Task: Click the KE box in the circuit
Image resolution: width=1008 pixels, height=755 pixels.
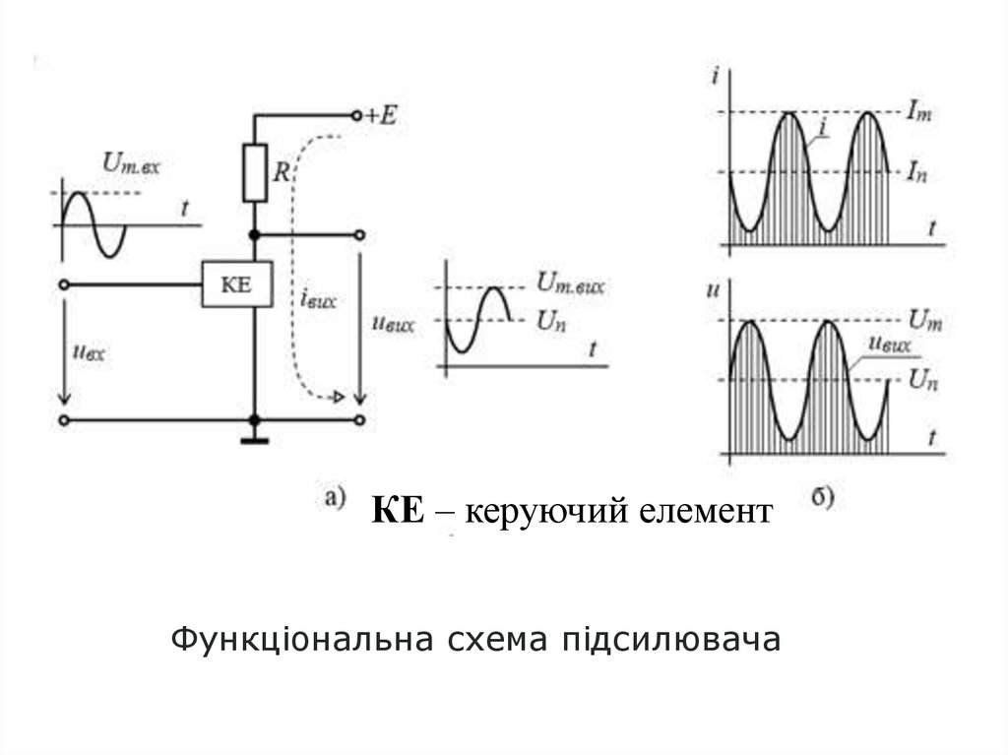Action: [x=236, y=285]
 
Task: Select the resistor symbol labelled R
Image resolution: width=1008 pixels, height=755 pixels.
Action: [x=255, y=173]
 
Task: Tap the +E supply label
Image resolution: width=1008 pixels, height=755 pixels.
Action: [x=380, y=115]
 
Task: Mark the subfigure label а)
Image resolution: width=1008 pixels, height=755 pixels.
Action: [x=334, y=496]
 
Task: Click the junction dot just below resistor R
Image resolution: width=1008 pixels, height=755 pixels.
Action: [x=255, y=234]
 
